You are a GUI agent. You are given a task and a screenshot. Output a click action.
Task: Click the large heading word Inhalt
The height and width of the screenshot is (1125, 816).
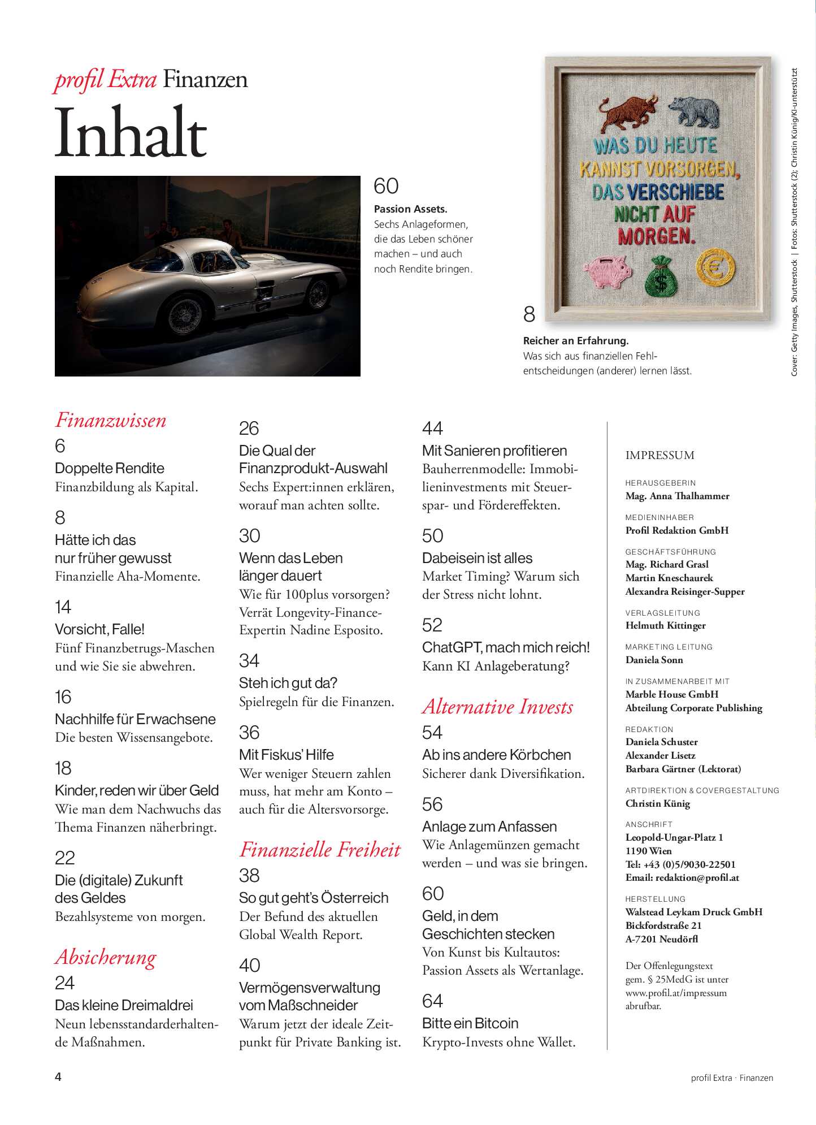131,133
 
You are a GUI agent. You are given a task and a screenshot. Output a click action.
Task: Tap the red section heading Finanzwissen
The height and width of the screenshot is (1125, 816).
111,420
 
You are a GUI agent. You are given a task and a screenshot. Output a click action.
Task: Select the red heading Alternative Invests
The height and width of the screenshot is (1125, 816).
497,707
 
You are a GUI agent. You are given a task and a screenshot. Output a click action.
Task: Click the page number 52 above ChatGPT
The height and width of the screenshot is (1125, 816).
432,625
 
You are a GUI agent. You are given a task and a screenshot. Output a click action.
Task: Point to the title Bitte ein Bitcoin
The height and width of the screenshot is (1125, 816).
470,1023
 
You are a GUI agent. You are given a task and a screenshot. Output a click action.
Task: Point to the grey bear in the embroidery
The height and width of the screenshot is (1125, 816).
694,112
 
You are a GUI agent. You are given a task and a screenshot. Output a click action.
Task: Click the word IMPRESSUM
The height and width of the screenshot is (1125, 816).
659,455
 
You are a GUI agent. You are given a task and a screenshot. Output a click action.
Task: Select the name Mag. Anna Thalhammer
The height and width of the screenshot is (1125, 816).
677,496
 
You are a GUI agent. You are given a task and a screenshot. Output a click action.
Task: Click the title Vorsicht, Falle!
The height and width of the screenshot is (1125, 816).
99,629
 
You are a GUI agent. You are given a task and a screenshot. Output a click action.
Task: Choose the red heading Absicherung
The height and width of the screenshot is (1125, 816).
106,957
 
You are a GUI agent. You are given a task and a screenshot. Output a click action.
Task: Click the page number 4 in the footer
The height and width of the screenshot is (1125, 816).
58,1077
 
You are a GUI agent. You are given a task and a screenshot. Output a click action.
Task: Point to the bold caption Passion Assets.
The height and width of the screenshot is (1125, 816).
410,209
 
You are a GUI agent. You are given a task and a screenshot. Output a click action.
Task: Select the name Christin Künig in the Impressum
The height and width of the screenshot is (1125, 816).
658,803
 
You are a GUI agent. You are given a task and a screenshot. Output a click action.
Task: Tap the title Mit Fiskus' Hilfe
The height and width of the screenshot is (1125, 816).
286,755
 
